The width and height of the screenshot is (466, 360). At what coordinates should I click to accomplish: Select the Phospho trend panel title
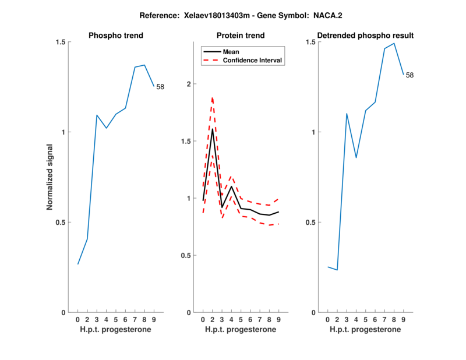pyautogui.click(x=115, y=36)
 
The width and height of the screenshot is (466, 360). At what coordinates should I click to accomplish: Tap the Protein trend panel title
pyautogui.click(x=240, y=36)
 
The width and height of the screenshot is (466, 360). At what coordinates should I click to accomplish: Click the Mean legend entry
pyautogui.click(x=231, y=52)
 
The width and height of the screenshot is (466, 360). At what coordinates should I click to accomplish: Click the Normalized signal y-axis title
pyautogui.click(x=50, y=177)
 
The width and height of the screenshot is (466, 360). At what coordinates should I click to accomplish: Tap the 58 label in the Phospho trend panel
pyautogui.click(x=160, y=87)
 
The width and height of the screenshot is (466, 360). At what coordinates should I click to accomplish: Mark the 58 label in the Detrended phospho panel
pyautogui.click(x=409, y=75)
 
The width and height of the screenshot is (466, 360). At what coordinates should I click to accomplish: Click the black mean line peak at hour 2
pyautogui.click(x=212, y=129)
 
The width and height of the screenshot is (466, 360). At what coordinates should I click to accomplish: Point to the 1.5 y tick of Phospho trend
pyautogui.click(x=61, y=42)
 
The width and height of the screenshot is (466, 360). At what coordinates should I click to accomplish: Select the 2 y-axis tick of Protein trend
pyautogui.click(x=188, y=84)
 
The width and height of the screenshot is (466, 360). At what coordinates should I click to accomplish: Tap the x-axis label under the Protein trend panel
pyautogui.click(x=240, y=330)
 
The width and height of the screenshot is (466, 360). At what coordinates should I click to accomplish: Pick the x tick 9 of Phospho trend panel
pyautogui.click(x=154, y=319)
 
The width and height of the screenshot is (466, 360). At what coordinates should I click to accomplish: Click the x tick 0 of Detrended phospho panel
pyautogui.click(x=327, y=319)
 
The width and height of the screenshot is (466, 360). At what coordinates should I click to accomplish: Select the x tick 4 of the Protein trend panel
pyautogui.click(x=231, y=319)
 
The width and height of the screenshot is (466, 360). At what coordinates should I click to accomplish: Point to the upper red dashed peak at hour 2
pyautogui.click(x=212, y=97)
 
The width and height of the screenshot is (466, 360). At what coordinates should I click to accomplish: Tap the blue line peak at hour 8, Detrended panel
pyautogui.click(x=394, y=43)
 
